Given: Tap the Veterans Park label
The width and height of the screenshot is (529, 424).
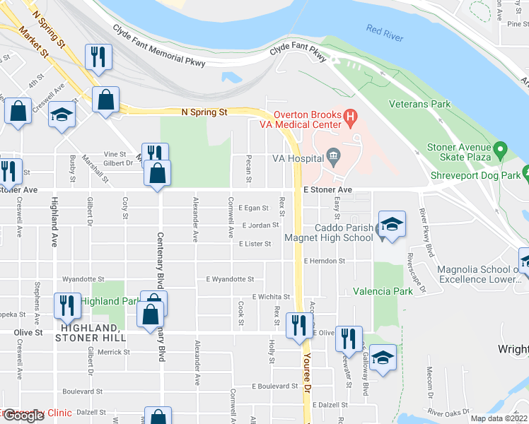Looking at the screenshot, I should [419, 105].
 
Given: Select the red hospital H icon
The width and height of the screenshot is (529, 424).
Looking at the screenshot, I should [349, 115].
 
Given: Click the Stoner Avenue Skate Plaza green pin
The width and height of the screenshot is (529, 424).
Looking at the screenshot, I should [501, 149].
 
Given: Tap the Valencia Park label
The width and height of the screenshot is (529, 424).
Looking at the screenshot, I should [383, 290].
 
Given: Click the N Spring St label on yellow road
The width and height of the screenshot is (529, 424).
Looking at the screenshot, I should [204, 112].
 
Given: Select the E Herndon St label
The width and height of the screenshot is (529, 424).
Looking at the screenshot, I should [324, 261].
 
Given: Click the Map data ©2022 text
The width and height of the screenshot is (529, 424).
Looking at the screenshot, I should [498, 418].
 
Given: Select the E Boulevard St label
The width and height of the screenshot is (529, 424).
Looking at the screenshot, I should [275, 387].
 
